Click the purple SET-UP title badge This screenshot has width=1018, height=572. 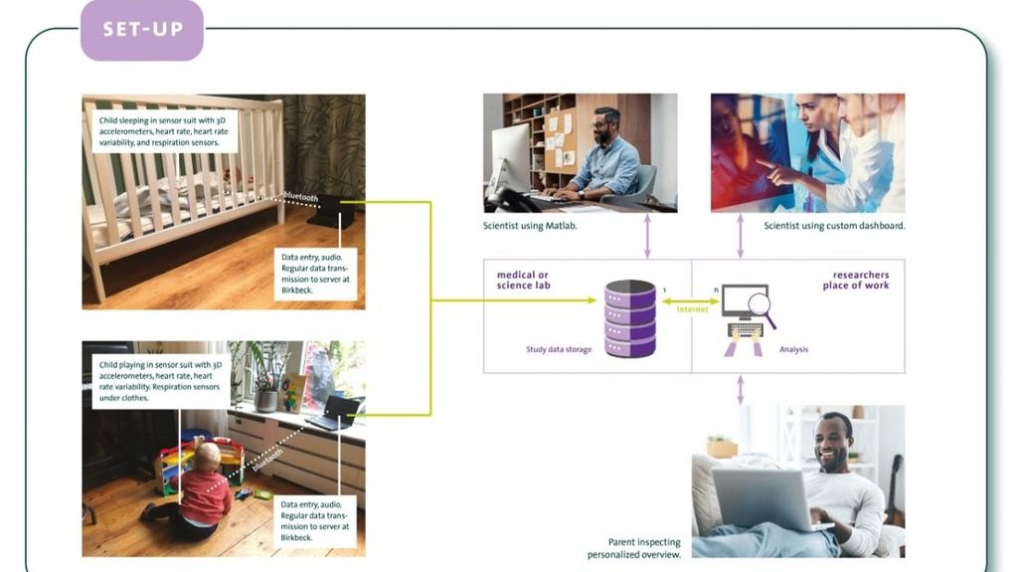(x=141, y=30)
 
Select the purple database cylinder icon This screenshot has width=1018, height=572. (x=629, y=318)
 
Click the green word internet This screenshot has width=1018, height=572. (x=692, y=309)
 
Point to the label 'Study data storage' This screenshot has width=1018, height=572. (x=559, y=349)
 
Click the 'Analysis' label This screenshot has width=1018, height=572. (x=793, y=349)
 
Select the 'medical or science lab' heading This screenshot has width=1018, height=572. (x=523, y=281)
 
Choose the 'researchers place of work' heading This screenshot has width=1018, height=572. (x=856, y=281)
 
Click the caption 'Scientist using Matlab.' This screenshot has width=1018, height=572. (x=530, y=226)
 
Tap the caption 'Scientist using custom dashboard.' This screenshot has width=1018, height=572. (x=834, y=226)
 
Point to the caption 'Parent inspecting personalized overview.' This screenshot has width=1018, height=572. (x=633, y=548)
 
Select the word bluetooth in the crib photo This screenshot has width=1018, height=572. (x=300, y=196)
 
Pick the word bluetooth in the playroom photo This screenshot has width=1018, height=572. (x=267, y=460)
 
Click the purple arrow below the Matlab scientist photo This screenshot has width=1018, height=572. (x=646, y=237)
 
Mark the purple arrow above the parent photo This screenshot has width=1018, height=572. (x=740, y=389)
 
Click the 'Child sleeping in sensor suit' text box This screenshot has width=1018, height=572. (x=165, y=131)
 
